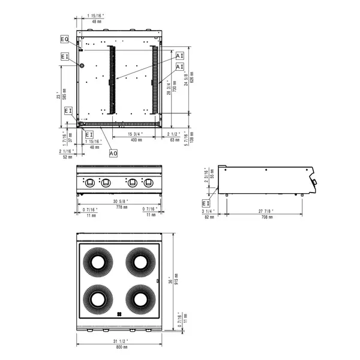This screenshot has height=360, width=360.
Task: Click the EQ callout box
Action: (65, 39)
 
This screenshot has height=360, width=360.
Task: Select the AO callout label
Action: (113, 154)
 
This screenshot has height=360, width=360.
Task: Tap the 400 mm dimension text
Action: (136, 139)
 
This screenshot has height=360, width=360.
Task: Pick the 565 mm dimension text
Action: (64, 94)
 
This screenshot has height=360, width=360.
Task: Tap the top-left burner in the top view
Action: (96, 262)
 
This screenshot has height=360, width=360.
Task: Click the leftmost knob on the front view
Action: (90, 182)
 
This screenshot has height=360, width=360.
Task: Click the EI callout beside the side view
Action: (207, 203)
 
